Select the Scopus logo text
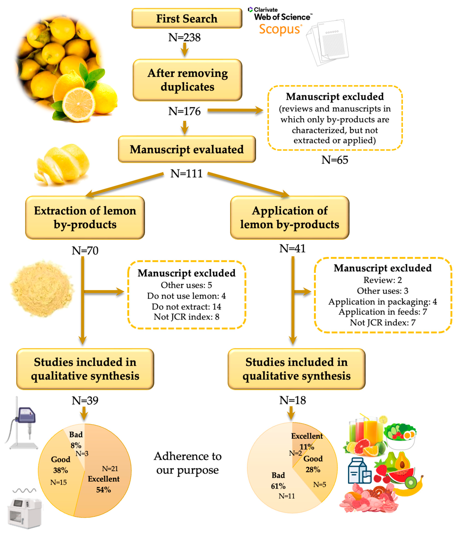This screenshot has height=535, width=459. (x=280, y=29)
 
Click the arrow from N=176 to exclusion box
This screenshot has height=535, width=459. (x=235, y=111)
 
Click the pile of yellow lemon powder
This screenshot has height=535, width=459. (x=41, y=288)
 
